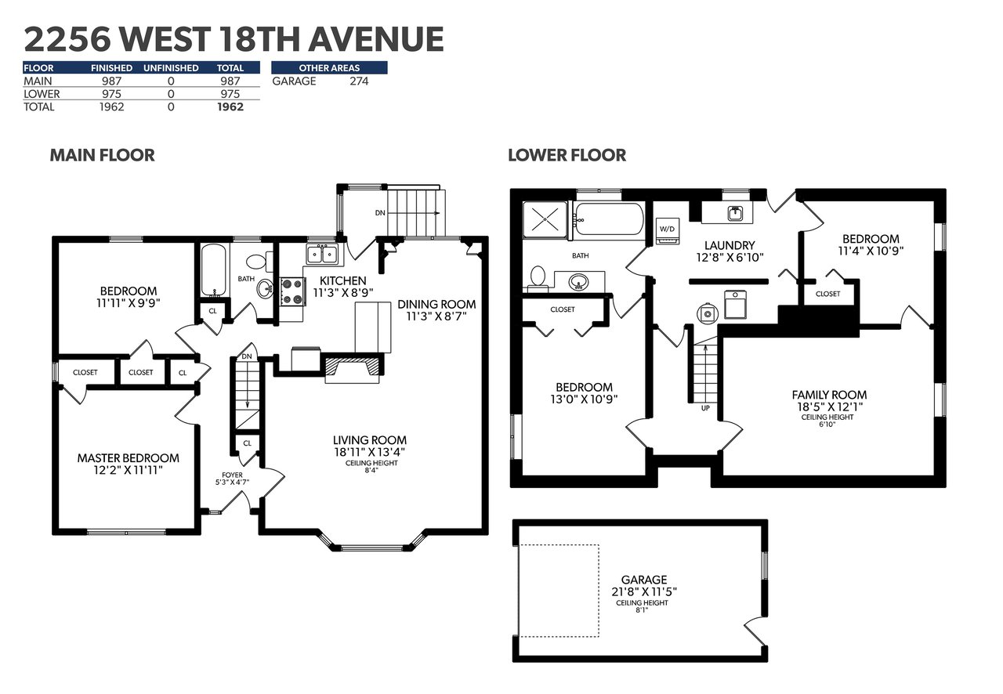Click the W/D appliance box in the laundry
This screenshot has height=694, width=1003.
coord(667,231)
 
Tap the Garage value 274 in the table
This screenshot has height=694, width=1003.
coord(359,81)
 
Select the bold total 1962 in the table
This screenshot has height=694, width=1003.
coord(230,107)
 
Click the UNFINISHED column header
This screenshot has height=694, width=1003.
coord(171,68)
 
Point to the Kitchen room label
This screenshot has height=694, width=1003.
coord(343,280)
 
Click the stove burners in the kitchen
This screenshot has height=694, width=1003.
coord(293,291)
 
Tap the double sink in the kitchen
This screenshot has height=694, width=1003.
coord(322,255)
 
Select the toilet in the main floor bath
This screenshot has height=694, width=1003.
coord(259,262)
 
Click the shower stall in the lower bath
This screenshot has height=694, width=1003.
coord(545,219)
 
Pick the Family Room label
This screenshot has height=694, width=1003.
coord(829,395)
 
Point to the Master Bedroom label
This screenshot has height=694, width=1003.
coord(128,458)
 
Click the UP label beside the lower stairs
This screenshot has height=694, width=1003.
coord(705,408)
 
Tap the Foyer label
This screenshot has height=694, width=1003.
coord(233,475)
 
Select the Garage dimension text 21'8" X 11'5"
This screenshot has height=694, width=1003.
coord(644,591)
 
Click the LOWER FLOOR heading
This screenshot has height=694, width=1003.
coord(567,155)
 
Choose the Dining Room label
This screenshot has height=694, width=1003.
coord(436,305)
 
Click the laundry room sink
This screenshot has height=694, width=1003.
coord(734,213)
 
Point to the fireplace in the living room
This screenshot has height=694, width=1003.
coord(353,368)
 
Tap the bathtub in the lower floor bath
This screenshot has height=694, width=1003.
coord(610,219)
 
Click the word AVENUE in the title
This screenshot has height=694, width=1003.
coord(376,39)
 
